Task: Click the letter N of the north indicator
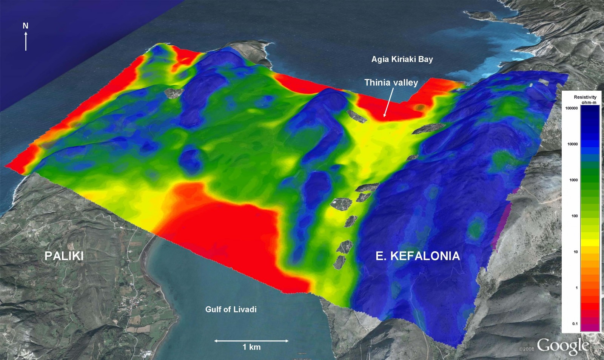[x=25, y=26]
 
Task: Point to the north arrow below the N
[x=26, y=41]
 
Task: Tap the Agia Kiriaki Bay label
[x=402, y=59]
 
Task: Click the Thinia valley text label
[x=391, y=82]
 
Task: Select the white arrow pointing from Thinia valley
[x=388, y=102]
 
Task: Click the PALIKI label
[x=64, y=256]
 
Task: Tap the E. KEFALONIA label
[x=418, y=256]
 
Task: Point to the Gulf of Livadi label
[x=231, y=309]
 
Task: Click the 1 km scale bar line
[x=251, y=341]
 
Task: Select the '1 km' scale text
[x=251, y=347]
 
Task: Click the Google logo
[x=562, y=345]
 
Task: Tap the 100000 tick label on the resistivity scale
[x=571, y=108]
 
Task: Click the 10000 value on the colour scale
[x=572, y=144]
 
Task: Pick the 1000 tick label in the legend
[x=573, y=180]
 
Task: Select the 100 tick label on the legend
[x=575, y=216]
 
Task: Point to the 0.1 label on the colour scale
[x=575, y=323]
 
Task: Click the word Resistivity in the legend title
[x=585, y=97]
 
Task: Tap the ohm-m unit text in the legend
[x=589, y=102]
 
